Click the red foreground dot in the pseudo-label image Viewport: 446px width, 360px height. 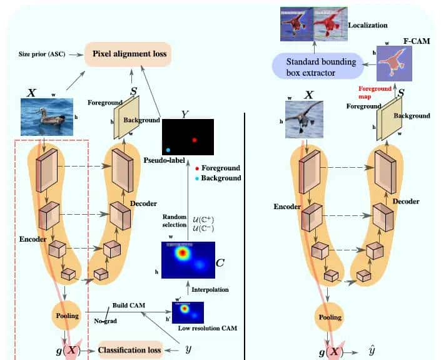tap(195, 140)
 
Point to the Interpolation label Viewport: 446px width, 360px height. tap(211, 289)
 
